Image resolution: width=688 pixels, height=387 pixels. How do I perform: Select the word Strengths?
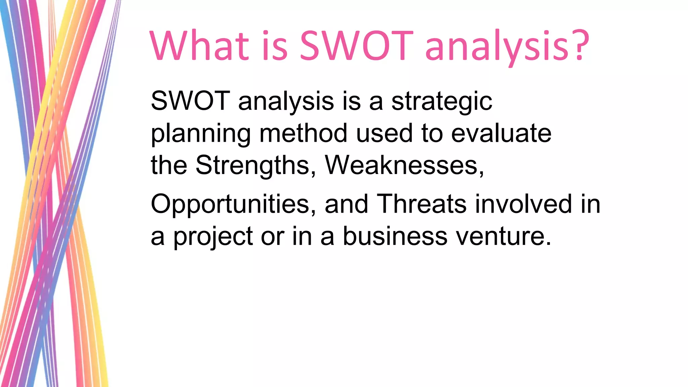click(x=252, y=166)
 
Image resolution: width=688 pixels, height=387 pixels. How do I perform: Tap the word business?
click(x=395, y=236)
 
